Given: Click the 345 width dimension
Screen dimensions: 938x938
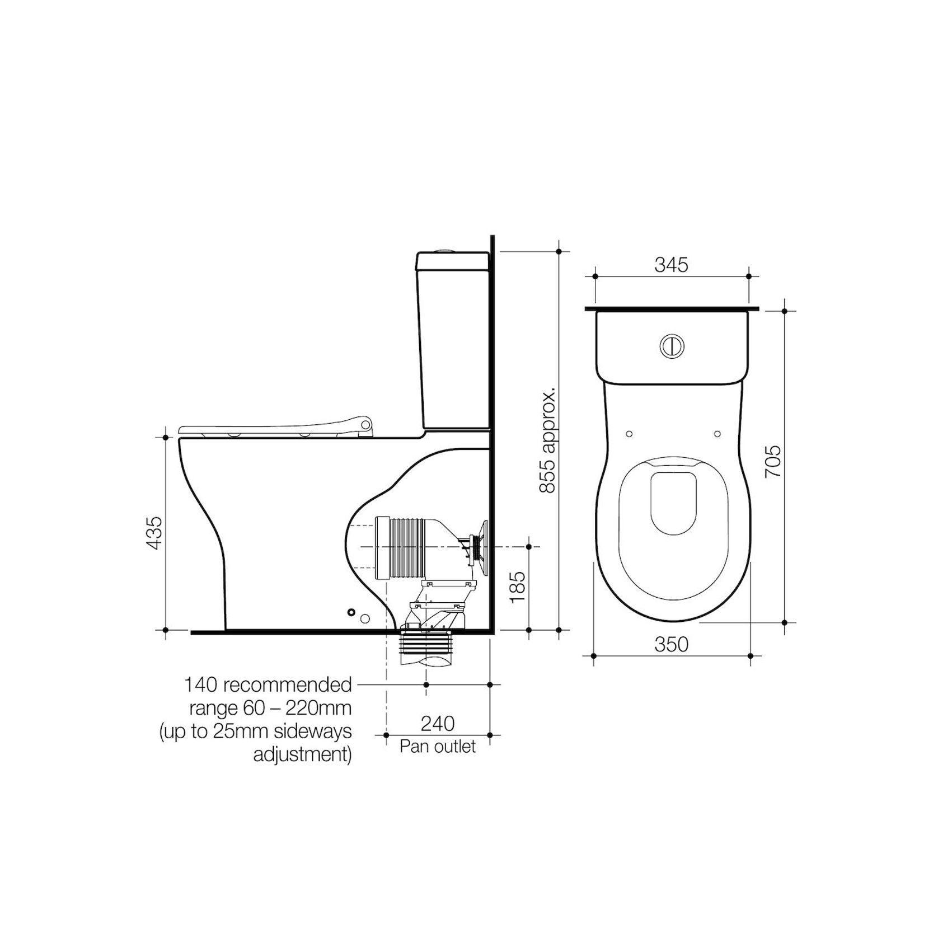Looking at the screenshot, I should pos(671,265).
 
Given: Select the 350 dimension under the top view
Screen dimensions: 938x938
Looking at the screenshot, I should pos(671,644).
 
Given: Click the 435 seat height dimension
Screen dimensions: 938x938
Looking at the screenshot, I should pos(154,532).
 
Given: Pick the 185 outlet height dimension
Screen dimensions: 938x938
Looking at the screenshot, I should pos(518,587).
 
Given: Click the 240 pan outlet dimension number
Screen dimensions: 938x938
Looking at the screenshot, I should pos(438,724).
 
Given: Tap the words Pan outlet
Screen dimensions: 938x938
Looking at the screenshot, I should pos(438,747).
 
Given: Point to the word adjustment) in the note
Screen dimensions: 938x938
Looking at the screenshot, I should pos(303,754).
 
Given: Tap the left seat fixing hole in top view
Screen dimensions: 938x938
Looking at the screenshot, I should pos(629,434).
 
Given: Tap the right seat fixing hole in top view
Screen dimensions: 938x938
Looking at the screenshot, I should pos(717,434).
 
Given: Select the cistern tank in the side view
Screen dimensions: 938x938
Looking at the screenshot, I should pos(453,341).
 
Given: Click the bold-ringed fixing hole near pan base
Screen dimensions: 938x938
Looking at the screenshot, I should pos(351,612).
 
